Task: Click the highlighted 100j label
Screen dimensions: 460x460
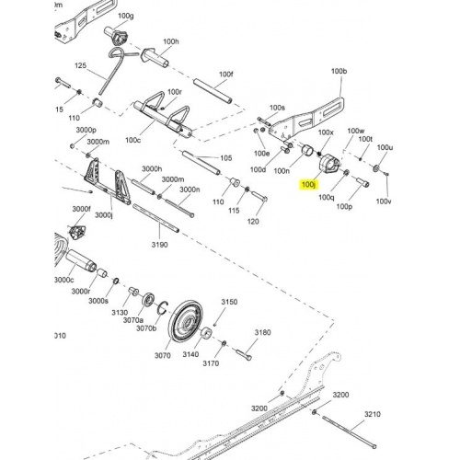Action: tap(308, 185)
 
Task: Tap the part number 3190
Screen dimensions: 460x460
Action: tap(159, 245)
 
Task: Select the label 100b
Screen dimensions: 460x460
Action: tap(339, 71)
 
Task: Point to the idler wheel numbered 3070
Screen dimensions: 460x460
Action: tap(187, 324)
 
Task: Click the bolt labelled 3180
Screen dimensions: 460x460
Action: tap(245, 354)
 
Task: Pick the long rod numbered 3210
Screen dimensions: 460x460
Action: tap(350, 431)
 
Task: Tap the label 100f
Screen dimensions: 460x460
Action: tap(226, 75)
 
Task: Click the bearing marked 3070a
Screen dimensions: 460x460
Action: tap(149, 299)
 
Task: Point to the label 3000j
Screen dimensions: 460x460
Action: tap(104, 215)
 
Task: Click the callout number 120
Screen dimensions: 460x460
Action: tap(253, 221)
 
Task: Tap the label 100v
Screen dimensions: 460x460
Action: tap(384, 201)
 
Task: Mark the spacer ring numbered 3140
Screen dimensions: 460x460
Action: tap(206, 334)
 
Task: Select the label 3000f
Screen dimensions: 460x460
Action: tap(81, 209)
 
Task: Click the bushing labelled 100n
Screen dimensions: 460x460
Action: tap(308, 150)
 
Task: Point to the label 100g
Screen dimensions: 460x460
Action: tap(126, 16)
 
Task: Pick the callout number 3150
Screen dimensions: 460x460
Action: tap(229, 302)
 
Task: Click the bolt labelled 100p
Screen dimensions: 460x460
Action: tap(362, 182)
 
